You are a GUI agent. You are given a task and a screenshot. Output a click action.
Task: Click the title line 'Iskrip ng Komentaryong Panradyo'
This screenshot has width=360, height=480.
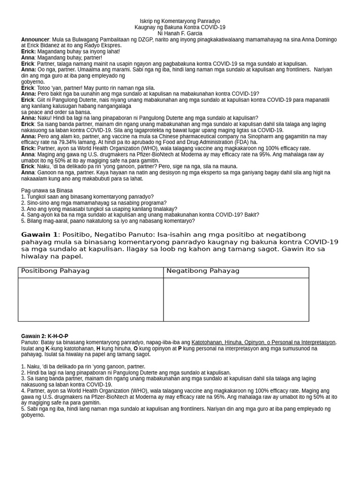[180, 21]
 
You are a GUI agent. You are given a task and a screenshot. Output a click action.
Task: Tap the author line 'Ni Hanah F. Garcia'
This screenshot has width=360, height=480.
[180, 33]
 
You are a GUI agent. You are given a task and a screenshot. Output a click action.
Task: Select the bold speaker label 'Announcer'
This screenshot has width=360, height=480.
[35, 39]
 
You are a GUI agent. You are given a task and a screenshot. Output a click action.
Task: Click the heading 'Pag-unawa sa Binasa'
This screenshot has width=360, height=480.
[47, 190]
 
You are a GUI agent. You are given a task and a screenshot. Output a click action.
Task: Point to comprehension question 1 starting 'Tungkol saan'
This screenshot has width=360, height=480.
[87, 196]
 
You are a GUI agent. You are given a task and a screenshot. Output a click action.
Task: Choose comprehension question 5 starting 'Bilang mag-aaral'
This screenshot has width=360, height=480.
[108, 221]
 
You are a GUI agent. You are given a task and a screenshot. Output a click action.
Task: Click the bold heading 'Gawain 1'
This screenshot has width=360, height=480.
[39, 234]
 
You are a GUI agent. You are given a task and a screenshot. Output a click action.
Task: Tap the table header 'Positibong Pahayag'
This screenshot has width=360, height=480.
[55, 271]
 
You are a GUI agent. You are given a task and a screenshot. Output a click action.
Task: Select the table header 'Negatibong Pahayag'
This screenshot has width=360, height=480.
[203, 271]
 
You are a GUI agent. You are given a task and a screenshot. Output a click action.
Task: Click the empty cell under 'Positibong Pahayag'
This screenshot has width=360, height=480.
[90, 299]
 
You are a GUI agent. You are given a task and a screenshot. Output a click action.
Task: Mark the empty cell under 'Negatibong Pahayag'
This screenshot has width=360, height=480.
[236, 299]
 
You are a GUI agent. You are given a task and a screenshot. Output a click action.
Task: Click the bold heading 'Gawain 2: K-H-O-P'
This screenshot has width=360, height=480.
[45, 336]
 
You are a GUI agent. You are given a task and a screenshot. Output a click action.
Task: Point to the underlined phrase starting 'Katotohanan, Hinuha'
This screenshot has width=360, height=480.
[263, 342]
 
